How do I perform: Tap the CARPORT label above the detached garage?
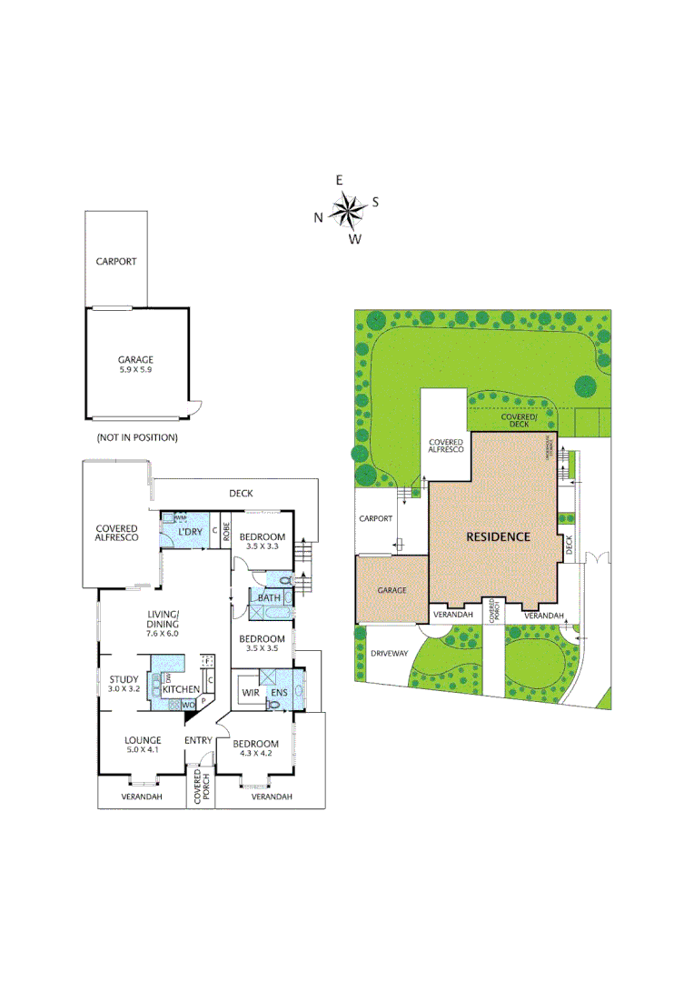click(x=116, y=262)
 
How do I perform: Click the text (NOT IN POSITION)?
click(x=137, y=437)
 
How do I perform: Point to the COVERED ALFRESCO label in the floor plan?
click(x=117, y=534)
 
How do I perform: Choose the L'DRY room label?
click(x=190, y=532)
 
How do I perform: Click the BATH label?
click(x=269, y=597)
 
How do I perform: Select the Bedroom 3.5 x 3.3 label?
click(x=263, y=542)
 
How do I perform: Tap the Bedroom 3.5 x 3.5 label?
click(x=263, y=644)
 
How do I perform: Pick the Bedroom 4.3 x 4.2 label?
click(x=255, y=748)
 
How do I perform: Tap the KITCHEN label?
click(x=182, y=690)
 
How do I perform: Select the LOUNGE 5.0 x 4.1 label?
click(x=143, y=745)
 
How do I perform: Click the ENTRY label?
click(x=198, y=741)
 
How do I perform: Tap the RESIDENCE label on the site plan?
click(x=498, y=536)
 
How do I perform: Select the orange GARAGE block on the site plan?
click(x=391, y=589)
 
